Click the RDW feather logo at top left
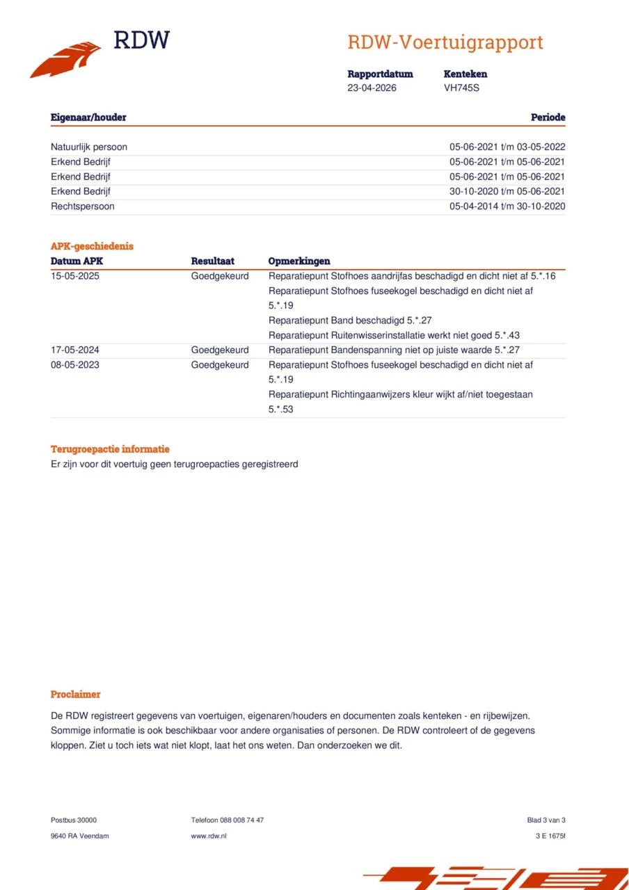point(66,59)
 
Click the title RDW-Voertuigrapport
point(445,42)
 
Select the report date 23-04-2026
point(372,88)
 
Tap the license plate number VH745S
point(461,88)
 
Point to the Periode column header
point(548,118)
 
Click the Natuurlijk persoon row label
point(89,147)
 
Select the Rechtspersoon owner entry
point(83,206)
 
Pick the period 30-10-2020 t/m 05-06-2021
point(507,191)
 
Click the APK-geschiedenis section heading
point(92,246)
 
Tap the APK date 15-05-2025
point(74,276)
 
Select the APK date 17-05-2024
point(74,350)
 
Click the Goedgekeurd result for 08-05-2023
point(220,364)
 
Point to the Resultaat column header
point(212,261)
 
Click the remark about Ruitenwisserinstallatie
point(394,335)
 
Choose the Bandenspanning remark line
point(394,350)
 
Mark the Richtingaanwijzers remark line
point(400,394)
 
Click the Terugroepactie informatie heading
point(110,449)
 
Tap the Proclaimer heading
point(75,694)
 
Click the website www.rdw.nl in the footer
point(209,836)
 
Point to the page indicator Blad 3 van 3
point(546,820)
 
